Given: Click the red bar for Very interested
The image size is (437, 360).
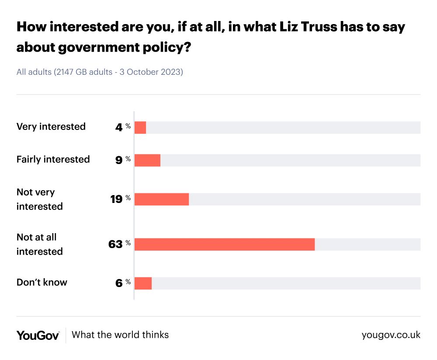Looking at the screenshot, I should [140, 128].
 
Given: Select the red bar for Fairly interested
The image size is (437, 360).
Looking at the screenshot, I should [147, 161].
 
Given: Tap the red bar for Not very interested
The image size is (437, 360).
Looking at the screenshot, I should [161, 199].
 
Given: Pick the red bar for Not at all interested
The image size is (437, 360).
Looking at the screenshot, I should [224, 245].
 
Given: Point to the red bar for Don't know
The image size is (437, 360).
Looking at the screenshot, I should [143, 283].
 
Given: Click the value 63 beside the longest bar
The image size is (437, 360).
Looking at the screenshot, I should [115, 245].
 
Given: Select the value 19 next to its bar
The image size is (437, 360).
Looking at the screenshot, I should [116, 199].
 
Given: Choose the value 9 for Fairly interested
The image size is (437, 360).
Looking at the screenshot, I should [119, 161].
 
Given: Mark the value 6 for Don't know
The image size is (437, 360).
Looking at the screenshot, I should [119, 283].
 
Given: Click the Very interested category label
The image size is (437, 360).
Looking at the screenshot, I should [51, 127].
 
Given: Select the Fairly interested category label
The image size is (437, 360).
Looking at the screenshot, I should [53, 159].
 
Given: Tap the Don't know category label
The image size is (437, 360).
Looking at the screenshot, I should [42, 282].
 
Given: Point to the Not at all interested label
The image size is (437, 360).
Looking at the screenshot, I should [39, 244].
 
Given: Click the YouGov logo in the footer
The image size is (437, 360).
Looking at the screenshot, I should [38, 335].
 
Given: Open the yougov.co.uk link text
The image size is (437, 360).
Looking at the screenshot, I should [391, 335].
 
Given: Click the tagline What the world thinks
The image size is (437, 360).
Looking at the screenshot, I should [120, 335].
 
